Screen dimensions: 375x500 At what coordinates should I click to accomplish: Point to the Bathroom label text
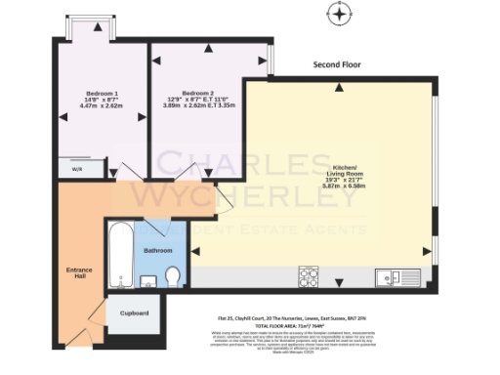[158, 250]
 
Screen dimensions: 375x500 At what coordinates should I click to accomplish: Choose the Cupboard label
[133, 312]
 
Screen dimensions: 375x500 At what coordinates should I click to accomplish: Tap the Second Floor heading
[337, 64]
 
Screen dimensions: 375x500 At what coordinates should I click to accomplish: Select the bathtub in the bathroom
[120, 255]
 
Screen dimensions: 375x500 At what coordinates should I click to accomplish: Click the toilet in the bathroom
[173, 277]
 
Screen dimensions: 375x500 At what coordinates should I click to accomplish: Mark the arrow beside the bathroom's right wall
[194, 252]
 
